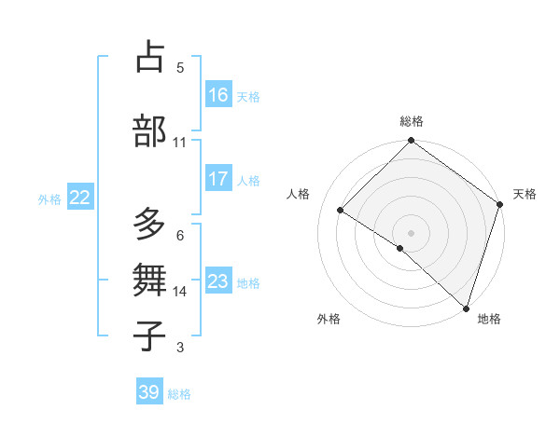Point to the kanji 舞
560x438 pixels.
pos(150,280)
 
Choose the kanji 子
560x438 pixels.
pos(150,335)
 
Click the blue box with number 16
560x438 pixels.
pos(218,94)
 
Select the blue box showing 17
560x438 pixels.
pos(218,179)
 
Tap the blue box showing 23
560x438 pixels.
pos(218,281)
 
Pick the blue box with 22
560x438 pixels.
pos(80,198)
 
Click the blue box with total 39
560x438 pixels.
pos(149,392)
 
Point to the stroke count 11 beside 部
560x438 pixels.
pos(179,143)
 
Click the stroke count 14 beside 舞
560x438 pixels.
pos(179,292)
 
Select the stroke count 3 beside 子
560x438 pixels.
pos(179,349)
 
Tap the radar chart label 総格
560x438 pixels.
pos(411,121)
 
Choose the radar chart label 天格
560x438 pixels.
pos(525,194)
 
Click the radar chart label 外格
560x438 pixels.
pos(329,319)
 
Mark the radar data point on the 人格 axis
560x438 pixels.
pos(341,210)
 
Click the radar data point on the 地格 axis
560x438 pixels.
pos(466,307)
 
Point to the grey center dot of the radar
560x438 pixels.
pos(411,232)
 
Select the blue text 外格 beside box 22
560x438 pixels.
pos(49,198)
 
